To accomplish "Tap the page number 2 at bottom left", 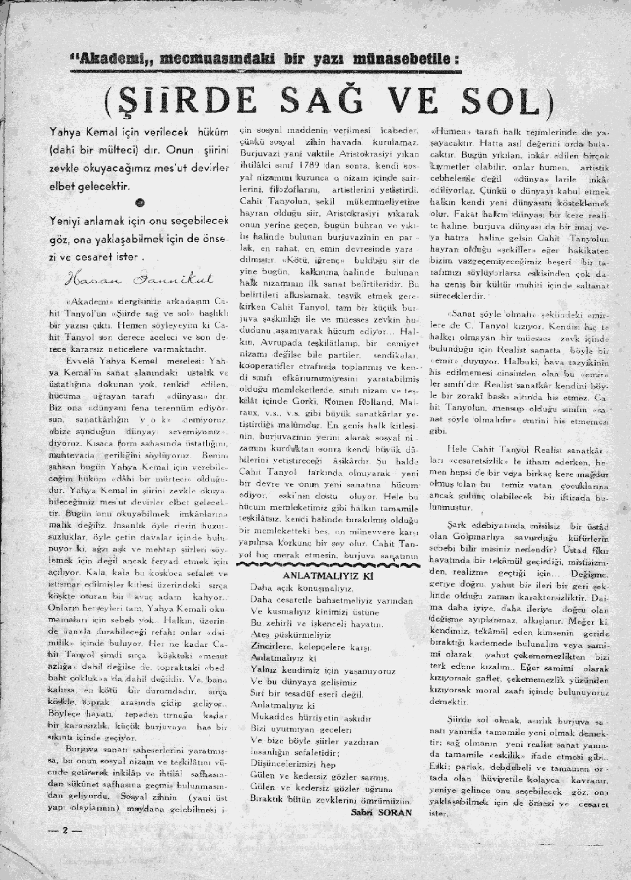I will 64,831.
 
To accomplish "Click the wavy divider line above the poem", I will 324,564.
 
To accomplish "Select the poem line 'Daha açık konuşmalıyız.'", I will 294,587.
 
